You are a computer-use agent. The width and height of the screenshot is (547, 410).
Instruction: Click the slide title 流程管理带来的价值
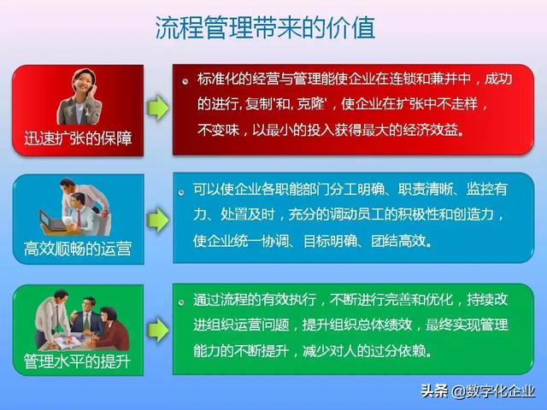(265, 28)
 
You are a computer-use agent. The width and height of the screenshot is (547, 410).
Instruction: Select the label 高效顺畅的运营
(78, 249)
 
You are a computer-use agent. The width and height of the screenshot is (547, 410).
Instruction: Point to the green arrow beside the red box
(157, 109)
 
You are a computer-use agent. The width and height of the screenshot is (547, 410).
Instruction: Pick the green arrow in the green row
(157, 329)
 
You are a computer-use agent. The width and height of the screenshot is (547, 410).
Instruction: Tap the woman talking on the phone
(79, 96)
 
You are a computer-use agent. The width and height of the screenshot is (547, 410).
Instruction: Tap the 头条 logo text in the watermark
(433, 392)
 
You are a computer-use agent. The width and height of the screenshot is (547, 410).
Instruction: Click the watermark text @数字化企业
(494, 392)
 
